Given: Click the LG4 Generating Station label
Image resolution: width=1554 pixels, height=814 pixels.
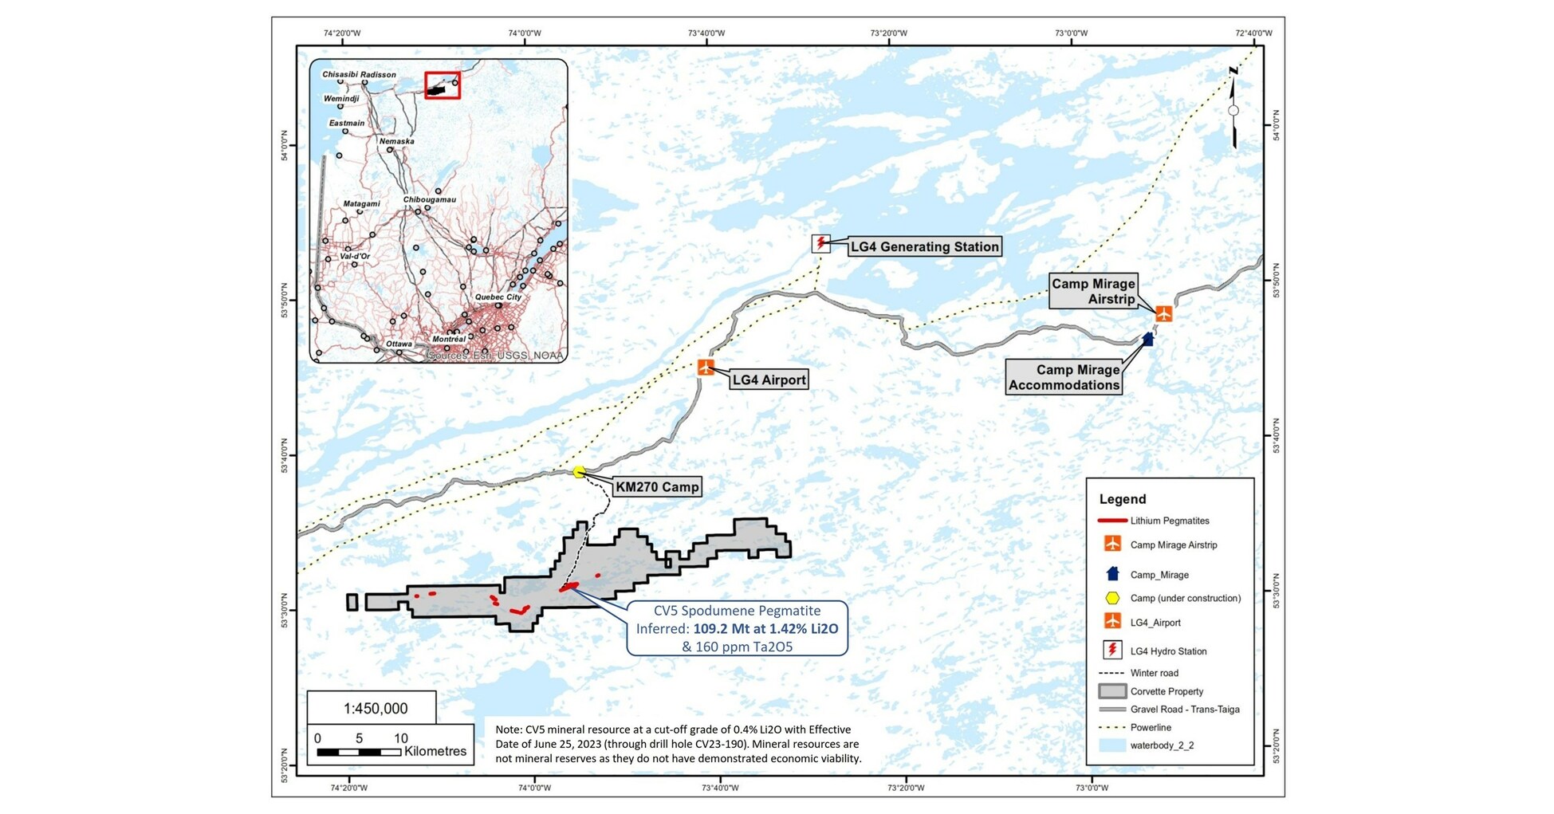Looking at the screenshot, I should pos(923,247).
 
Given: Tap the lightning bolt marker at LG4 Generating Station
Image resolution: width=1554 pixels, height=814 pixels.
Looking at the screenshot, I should pos(821,243).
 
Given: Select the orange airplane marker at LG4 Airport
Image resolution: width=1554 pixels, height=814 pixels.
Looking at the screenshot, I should pos(706,368).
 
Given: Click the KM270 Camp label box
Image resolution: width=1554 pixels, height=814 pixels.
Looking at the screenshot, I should pos(657,487).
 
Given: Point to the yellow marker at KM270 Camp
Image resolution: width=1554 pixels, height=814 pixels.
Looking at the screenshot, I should pos(579,472).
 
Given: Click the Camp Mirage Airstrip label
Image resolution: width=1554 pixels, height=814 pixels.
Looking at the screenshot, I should pos(1092,291).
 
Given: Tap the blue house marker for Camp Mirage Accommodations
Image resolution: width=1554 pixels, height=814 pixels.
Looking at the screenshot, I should pos(1147,339).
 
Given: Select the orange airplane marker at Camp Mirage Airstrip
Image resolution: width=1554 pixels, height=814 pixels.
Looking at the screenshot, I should pos(1163,313).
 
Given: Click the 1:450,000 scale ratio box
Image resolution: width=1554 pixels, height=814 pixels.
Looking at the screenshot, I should pos(372,708).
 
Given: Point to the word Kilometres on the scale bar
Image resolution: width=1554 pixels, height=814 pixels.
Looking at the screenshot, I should pos(435,751).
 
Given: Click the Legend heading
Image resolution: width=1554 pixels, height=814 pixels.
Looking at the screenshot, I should pos(1122,499).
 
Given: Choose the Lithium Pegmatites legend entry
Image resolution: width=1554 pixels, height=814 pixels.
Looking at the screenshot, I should pos(1169,521).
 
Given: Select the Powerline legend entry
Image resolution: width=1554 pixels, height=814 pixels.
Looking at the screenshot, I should pos(1150,727).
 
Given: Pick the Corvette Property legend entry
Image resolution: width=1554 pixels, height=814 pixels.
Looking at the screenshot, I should pos(1166,691).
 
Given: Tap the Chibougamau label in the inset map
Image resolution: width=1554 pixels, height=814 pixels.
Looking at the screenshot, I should pos(429,199).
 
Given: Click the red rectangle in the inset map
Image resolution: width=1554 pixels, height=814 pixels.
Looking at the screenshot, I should pos(443,85).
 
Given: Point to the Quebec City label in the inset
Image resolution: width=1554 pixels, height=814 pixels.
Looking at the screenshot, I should pos(498,297).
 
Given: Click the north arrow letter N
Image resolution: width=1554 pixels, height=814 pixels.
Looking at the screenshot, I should pos(1233,71).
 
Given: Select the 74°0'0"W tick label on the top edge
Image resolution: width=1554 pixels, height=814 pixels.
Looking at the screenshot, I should pos(524,33).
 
